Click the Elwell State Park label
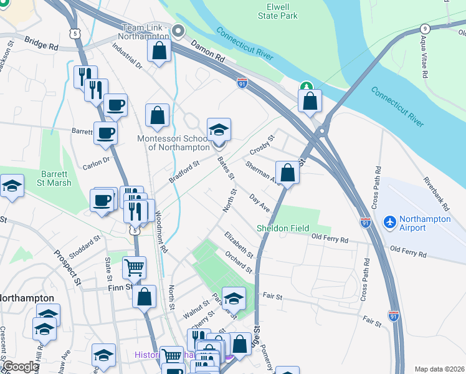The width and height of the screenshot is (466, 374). (278, 11)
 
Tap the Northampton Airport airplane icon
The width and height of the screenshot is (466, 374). (390, 221)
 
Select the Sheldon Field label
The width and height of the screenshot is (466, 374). (283, 229)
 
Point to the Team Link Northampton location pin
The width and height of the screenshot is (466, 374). (179, 30)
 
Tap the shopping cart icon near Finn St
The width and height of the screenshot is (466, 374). (134, 268)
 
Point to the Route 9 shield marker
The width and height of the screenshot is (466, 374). (424, 28)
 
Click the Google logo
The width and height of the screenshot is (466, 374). (21, 367)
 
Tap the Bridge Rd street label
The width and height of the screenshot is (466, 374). (41, 43)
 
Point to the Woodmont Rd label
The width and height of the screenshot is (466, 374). (161, 231)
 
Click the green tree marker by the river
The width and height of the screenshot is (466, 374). (306, 88)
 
